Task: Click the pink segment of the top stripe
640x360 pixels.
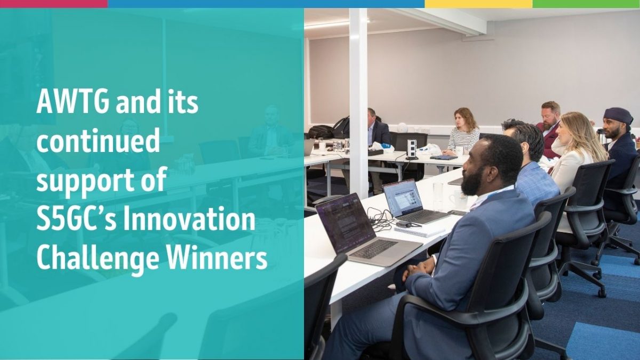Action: pos(54,4)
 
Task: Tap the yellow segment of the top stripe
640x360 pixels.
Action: pos(478,4)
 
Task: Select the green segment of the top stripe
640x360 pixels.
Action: pos(586,4)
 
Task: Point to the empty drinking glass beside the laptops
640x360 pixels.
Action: pos(438,197)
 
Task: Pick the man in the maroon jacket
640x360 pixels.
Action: pos(549,129)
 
